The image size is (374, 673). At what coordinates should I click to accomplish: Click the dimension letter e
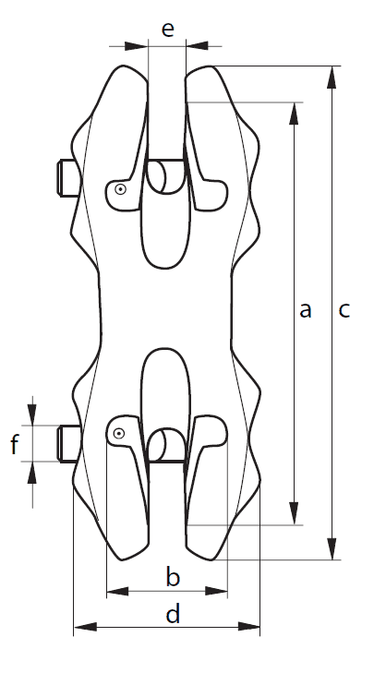click(x=167, y=30)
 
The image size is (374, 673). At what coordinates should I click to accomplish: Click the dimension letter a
click(x=305, y=310)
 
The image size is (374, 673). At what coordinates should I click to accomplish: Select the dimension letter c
click(x=344, y=310)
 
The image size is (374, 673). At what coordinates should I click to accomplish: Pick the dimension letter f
click(x=15, y=444)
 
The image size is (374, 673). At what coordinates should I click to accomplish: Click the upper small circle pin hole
click(x=121, y=189)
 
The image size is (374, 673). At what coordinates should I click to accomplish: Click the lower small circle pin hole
click(x=119, y=434)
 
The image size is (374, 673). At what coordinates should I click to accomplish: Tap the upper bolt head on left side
click(x=67, y=178)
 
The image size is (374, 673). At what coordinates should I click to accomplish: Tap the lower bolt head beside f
click(x=67, y=443)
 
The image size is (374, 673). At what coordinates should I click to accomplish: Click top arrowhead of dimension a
click(x=294, y=114)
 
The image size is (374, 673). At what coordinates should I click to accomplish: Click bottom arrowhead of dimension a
click(x=294, y=513)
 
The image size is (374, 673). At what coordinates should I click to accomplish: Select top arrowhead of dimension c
click(x=332, y=78)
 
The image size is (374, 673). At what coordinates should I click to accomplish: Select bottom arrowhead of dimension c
click(x=332, y=548)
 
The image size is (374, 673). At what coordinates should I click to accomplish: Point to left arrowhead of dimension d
click(x=85, y=627)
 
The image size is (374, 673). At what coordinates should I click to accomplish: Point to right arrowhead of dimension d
click(x=249, y=627)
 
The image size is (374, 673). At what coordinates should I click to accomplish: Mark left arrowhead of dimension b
click(x=117, y=591)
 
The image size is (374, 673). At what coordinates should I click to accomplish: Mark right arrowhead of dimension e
click(x=197, y=45)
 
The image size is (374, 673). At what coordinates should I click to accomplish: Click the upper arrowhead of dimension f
click(x=31, y=415)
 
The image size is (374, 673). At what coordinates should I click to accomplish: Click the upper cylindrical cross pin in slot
click(x=165, y=176)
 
